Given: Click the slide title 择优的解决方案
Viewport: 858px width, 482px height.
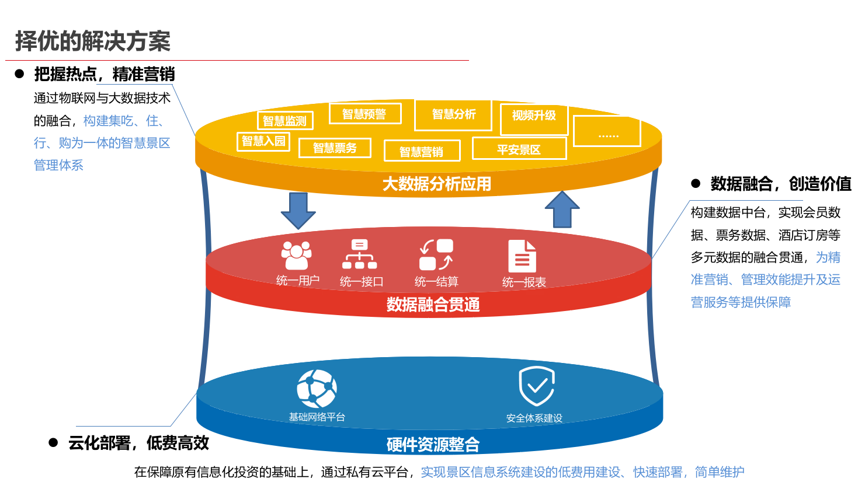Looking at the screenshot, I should point(93,41).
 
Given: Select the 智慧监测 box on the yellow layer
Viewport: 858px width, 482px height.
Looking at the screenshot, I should point(285,121).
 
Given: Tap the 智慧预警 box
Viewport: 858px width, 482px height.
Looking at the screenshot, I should point(364,114).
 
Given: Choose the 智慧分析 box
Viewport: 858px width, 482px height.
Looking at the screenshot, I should point(453,114).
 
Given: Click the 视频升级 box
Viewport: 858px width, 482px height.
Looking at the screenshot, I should point(534,116).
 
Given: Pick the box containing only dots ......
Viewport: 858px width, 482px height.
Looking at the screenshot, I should point(607,131).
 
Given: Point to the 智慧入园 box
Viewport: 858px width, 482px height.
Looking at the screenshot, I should point(263,141).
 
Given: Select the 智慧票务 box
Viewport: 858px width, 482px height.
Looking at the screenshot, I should point(335,148).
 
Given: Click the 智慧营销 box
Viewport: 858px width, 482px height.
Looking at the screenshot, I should point(422,151).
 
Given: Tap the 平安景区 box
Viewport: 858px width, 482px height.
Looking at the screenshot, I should point(519,149).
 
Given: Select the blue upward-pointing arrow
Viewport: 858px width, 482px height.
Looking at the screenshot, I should point(562,209).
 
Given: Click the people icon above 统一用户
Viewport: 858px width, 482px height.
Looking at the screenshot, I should point(297,255).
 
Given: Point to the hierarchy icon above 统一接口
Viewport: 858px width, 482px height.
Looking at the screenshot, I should point(360,254).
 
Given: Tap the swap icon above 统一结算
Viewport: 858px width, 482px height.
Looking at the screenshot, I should point(436,255).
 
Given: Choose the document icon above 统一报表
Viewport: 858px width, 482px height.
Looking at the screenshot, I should point(522,256).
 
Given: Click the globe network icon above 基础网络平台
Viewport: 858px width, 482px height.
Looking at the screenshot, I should point(317,389).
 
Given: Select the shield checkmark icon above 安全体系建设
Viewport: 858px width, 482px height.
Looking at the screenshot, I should point(536,386).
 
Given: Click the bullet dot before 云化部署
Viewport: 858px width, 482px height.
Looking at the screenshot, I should point(53,443).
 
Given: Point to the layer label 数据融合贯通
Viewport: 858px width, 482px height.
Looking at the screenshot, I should point(433,305).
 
